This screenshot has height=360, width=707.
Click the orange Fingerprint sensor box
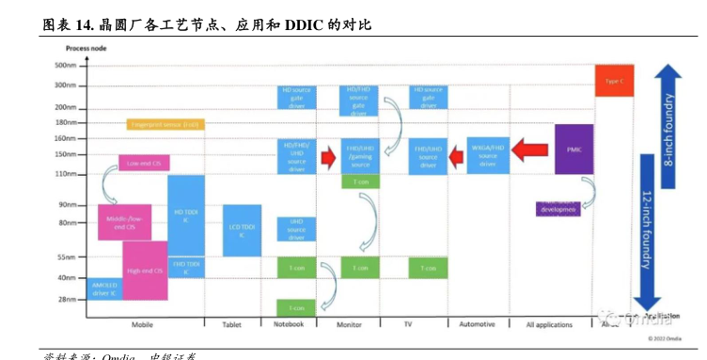tap(165, 124)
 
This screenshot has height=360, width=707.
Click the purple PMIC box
tap(573, 149)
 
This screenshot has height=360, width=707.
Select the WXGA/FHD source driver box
tap(488, 155)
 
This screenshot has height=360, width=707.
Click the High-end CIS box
tap(145, 271)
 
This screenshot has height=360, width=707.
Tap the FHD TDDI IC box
tap(186, 267)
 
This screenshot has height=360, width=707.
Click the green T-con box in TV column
tap(428, 268)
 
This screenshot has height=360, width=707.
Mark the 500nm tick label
tap(65, 66)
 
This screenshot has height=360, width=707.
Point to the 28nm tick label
tap(67, 300)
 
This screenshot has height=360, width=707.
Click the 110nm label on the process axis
tap(65, 174)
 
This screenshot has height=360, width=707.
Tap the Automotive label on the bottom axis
tap(477, 325)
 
